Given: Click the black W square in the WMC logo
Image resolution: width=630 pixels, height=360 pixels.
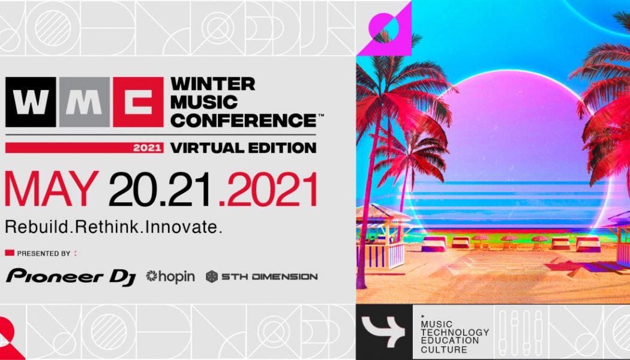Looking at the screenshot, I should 31,102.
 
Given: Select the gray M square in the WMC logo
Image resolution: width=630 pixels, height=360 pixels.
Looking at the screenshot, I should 84,102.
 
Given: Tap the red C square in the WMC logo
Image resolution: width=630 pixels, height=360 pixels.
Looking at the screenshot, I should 137,102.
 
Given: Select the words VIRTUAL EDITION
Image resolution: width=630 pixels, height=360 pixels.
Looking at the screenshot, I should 243,148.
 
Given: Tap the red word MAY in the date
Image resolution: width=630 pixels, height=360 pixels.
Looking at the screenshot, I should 52,191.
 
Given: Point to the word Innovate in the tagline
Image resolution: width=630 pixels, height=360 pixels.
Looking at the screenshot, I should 189,227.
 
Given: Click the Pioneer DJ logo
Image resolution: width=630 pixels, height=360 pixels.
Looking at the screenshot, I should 71,277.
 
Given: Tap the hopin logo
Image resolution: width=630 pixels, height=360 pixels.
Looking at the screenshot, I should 171,277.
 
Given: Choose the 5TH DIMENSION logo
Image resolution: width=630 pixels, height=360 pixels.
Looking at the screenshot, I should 262,277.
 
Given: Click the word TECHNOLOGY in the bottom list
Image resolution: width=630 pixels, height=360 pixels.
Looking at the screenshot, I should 455,332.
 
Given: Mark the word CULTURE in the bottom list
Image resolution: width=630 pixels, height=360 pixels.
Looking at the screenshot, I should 444,349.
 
